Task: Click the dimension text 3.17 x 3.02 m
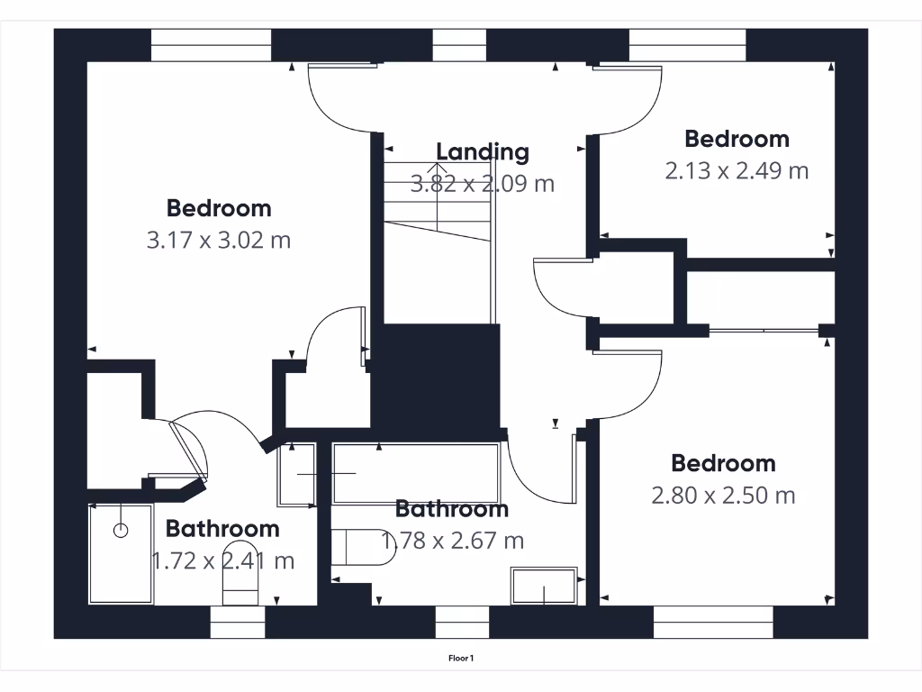pyautogui.click(x=218, y=241)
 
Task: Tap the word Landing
pyautogui.click(x=483, y=152)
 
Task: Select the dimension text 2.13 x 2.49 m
pyautogui.click(x=737, y=170)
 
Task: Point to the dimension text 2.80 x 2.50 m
pyautogui.click(x=723, y=495)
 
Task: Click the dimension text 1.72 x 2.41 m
pyautogui.click(x=222, y=560)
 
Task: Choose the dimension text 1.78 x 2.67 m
pyautogui.click(x=453, y=541)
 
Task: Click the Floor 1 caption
pyautogui.click(x=461, y=659)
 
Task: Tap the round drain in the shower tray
pyautogui.click(x=121, y=531)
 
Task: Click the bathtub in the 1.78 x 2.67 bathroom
pyautogui.click(x=415, y=472)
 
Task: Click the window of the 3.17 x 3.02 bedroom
pyautogui.click(x=211, y=45)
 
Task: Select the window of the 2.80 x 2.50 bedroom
pyautogui.click(x=713, y=622)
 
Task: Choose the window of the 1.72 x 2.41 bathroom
pyautogui.click(x=239, y=622)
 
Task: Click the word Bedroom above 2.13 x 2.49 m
pyautogui.click(x=737, y=139)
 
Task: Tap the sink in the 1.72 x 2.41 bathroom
pyautogui.click(x=296, y=474)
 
